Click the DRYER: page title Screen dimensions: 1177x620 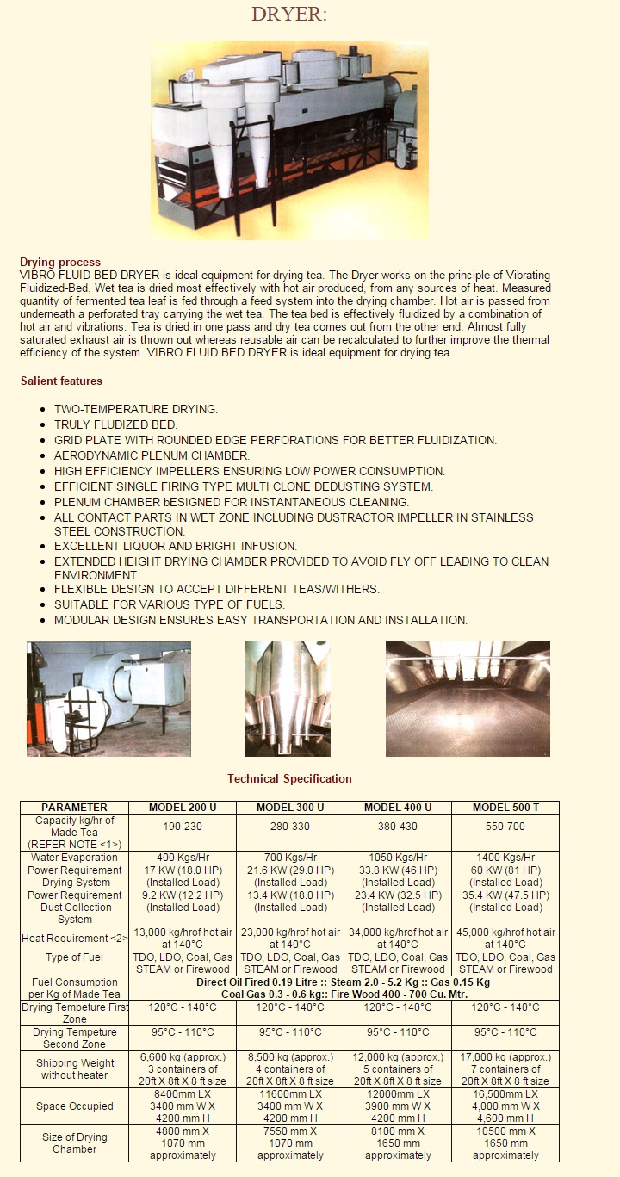tap(289, 15)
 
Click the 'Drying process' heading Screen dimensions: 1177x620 tap(60, 262)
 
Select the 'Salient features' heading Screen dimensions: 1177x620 tap(61, 381)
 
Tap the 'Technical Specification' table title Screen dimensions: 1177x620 tap(289, 778)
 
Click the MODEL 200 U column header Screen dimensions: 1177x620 tap(183, 808)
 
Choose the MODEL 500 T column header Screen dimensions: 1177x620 tap(505, 808)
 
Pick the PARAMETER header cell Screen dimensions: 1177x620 tap(75, 808)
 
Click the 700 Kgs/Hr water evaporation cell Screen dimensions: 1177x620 tap(290, 857)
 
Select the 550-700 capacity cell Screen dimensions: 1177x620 tap(505, 827)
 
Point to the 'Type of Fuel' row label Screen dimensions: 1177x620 tap(75, 957)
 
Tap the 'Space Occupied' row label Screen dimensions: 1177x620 tap(75, 1106)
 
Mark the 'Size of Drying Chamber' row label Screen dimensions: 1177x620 tap(75, 1143)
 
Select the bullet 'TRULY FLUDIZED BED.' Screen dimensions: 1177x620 tap(115, 424)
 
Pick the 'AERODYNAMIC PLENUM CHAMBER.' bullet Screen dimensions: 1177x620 tap(152, 455)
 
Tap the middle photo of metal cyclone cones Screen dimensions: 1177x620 tap(288, 698)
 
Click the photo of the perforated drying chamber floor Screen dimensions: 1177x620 tap(468, 698)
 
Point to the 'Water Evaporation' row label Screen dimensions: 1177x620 tap(75, 857)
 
